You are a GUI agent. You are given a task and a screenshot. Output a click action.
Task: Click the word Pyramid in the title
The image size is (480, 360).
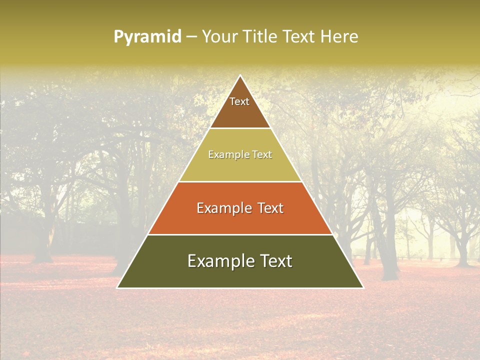pos(147,37)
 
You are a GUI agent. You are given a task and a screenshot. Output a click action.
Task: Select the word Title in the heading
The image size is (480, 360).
pos(260,37)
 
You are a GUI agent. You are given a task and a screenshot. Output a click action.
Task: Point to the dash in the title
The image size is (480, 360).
pos(191,37)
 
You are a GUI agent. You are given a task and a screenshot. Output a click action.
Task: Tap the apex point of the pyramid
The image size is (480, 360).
pos(240,76)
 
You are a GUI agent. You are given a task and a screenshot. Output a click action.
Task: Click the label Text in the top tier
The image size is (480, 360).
pos(239,101)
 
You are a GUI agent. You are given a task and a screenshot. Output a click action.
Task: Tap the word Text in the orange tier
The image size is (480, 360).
pos(269,208)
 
